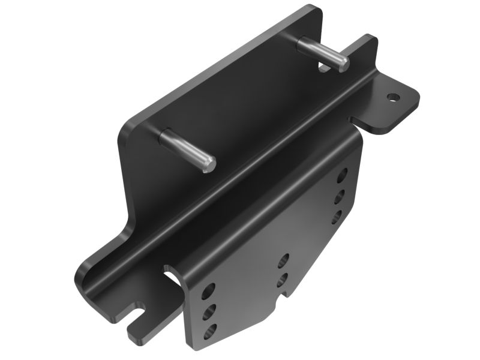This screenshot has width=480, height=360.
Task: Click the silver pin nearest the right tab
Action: click(x=323, y=53)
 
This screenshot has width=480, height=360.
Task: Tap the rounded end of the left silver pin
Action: click(x=208, y=164)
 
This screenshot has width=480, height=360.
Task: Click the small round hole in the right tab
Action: click(x=393, y=96)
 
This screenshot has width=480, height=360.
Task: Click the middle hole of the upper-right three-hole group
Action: click(x=340, y=197)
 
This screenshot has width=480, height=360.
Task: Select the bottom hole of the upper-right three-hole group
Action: click(x=337, y=217)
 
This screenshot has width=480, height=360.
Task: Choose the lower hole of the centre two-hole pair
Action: click(x=283, y=280)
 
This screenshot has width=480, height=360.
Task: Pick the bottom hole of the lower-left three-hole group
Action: click(x=209, y=331)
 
